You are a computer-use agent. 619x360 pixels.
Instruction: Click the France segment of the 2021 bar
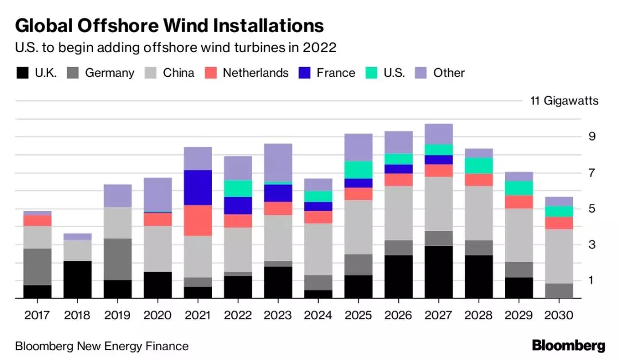coord(197,187)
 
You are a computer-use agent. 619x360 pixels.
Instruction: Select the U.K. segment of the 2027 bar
coord(439,272)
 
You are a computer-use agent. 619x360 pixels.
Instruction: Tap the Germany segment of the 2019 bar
coord(117,259)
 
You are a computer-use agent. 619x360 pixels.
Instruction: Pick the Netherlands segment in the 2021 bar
coord(197,220)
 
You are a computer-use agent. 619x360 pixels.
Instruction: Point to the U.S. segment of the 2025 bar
coord(358,170)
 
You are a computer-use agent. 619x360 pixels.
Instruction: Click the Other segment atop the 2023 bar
coord(278,163)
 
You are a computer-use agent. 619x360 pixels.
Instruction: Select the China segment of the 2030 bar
coord(559,256)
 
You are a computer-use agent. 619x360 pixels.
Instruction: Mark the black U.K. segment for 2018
coord(77,280)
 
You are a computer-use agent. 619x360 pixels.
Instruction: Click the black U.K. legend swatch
coord(22,73)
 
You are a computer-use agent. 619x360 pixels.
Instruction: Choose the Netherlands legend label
coord(255,73)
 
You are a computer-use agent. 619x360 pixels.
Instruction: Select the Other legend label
coord(449,73)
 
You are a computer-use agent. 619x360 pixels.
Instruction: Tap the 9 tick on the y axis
coord(592,136)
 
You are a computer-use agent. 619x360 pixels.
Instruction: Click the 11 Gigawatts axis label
coord(564,101)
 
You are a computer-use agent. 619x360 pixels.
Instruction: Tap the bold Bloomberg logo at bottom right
coord(568,346)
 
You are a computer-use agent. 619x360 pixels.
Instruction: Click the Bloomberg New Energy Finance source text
coord(101,346)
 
